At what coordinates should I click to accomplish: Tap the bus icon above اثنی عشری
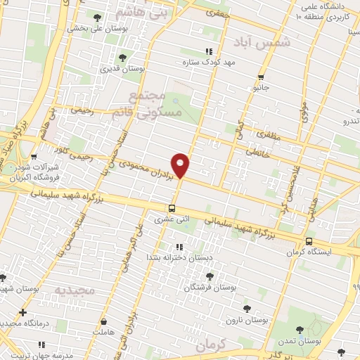172,208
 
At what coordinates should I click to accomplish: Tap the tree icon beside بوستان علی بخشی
96,17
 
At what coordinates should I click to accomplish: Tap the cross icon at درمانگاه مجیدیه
23,312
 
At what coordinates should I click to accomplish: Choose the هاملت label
103,331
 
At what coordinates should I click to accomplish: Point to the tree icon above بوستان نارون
246,308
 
